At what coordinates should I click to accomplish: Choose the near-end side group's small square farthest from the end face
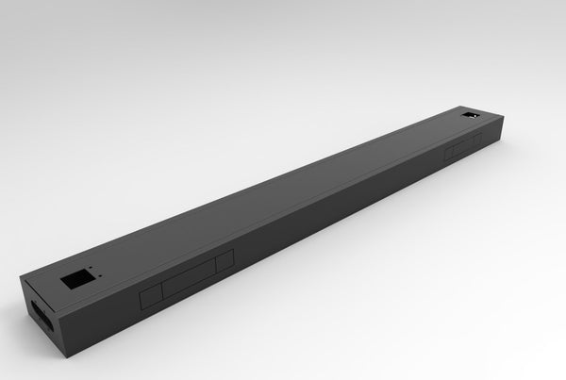pos(225,262)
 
